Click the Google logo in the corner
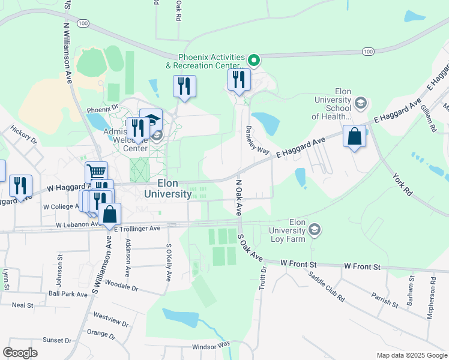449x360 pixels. pyautogui.click(x=20, y=353)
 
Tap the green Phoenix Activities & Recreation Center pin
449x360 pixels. pyautogui.click(x=254, y=59)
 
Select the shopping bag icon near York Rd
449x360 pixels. pyautogui.click(x=355, y=136)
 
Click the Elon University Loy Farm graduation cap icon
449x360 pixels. pyautogui.click(x=314, y=229)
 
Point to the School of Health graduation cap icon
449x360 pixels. pyautogui.click(x=360, y=103)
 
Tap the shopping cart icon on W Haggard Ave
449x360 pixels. pyautogui.click(x=96, y=172)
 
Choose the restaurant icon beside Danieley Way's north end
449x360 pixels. pyautogui.click(x=239, y=79)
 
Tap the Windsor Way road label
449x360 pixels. pyautogui.click(x=211, y=346)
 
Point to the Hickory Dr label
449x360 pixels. pyautogui.click(x=23, y=137)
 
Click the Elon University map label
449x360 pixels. pyautogui.click(x=167, y=188)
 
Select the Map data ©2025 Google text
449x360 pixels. pyautogui.click(x=411, y=355)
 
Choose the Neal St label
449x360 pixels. pyautogui.click(x=22, y=305)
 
